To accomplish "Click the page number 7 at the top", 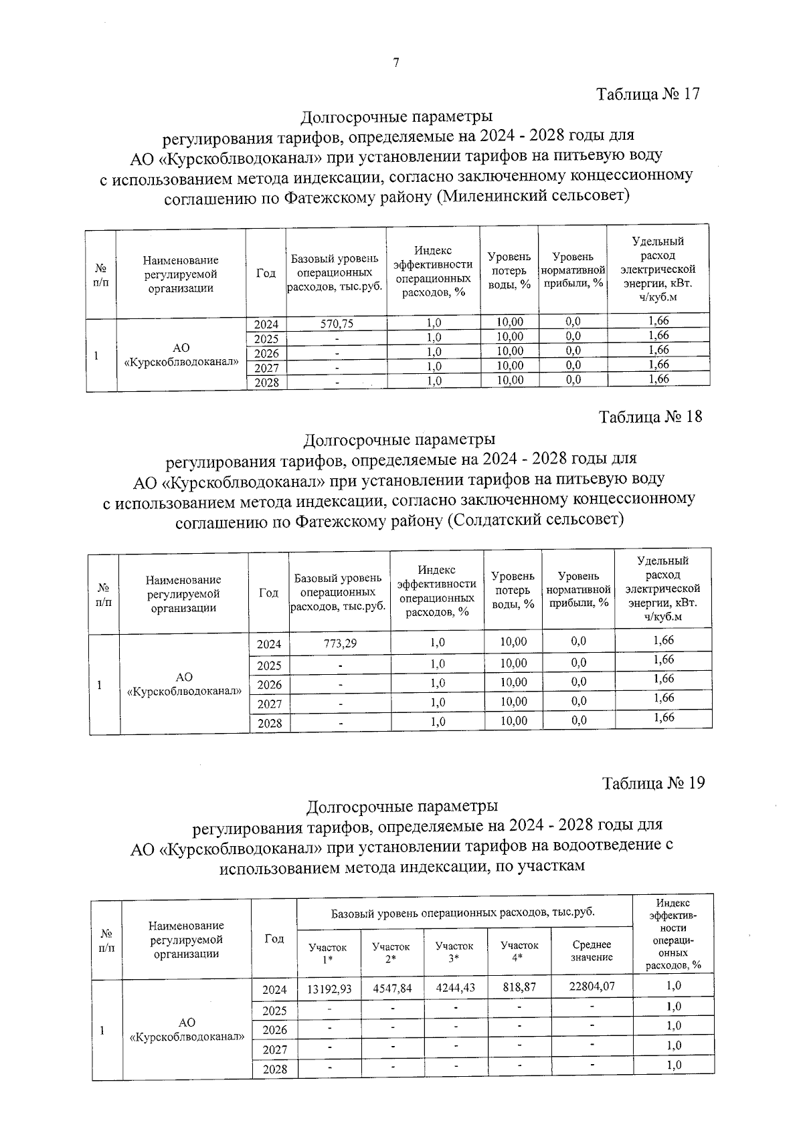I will click(x=395, y=63).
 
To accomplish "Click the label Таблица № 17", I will click(x=648, y=94).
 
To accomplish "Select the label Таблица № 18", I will click(x=650, y=417).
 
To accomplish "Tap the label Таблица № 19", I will click(x=653, y=783).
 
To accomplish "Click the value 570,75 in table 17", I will click(x=337, y=324).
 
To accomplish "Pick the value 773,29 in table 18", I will click(x=340, y=643).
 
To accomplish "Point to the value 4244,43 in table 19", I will click(x=455, y=987).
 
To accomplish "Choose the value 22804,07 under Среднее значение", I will click(x=592, y=986).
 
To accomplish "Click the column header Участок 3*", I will click(x=454, y=952).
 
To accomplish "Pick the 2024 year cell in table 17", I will click(x=266, y=324).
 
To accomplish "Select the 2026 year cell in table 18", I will click(x=270, y=684).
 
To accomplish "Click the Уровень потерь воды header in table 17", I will click(x=509, y=270).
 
